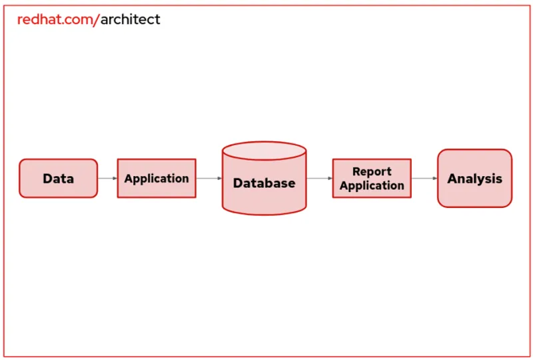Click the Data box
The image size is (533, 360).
pos(58,178)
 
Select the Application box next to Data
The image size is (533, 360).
pos(157,178)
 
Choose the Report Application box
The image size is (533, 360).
pos(372,178)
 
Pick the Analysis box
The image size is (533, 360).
pos(474,178)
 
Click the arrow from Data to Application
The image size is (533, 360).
pos(107,178)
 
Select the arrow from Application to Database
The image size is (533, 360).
pos(209,178)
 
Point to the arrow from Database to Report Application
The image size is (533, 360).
pos(320,178)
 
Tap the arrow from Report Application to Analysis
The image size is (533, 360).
pos(424,178)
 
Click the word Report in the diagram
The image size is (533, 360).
pos(372,171)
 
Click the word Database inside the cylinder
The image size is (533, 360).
pos(265,183)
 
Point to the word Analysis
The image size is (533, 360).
pos(474,179)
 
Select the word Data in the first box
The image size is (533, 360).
pos(58,179)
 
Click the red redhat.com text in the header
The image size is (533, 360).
pos(56,19)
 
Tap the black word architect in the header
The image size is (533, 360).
pos(131,19)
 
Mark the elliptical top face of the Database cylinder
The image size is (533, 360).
pos(265,151)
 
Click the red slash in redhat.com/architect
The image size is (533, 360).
pos(98,19)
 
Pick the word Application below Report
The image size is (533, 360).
pos(372,185)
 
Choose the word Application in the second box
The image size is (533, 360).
pos(157,179)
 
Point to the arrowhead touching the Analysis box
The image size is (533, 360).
pos(434,178)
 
